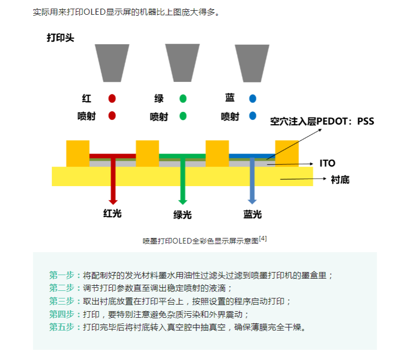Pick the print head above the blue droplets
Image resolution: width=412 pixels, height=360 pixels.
coord(252,63)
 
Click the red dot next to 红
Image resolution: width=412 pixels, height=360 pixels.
coord(112,98)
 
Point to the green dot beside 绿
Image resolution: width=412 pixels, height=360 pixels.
coord(183,98)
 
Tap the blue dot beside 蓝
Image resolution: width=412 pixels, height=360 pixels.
coord(253,98)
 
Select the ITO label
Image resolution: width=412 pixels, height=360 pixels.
coord(327,163)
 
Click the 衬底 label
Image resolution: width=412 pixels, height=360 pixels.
coord(339,179)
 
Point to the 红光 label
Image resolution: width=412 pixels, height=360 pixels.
coord(112,214)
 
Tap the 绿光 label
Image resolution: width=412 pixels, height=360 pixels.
coord(183,215)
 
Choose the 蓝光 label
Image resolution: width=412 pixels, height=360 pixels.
coord(252,214)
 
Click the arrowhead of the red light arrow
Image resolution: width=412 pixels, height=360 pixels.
coord(113,201)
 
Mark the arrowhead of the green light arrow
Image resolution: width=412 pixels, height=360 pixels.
coord(183,201)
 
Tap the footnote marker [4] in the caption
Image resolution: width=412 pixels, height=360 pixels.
coord(263,238)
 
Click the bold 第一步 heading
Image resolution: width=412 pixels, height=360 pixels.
coord(62,276)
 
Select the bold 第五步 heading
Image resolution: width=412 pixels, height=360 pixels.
coord(62,327)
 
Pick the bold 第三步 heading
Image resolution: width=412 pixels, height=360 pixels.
coord(62,302)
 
